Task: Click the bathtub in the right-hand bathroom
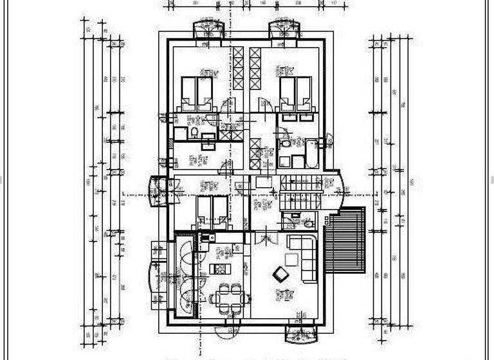[312, 153]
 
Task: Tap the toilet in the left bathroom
[193, 133]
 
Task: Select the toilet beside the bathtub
[285, 143]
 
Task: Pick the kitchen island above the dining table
[220, 269]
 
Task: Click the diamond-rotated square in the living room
[281, 274]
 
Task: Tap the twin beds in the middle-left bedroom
[212, 211]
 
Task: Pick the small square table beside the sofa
[291, 259]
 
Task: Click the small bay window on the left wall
[156, 192]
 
